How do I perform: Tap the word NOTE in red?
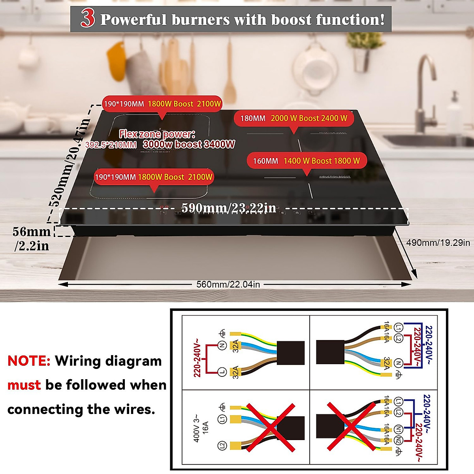tap(29, 361)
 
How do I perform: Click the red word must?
tap(24, 385)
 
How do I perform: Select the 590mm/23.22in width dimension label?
tap(229, 208)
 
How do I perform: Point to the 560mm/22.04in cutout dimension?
tap(228, 284)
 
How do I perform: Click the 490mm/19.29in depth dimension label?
tap(438, 243)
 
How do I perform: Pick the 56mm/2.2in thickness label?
tap(32, 239)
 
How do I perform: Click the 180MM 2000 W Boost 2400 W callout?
tap(293, 118)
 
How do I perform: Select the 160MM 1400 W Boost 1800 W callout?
tap(307, 161)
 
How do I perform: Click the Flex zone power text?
tap(157, 134)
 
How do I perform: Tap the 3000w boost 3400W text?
tap(189, 145)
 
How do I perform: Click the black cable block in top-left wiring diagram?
tap(291, 352)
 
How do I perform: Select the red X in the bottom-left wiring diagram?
tap(271, 427)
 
